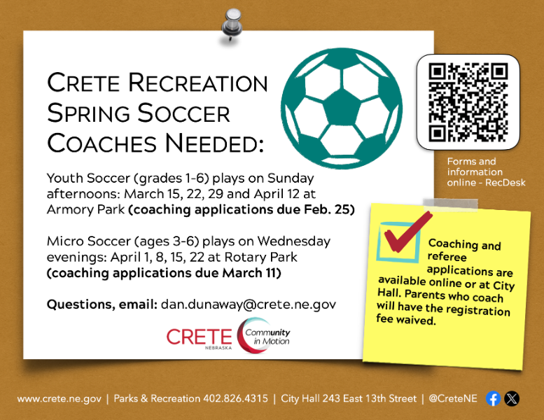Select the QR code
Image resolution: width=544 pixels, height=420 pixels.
pyautogui.click(x=468, y=102)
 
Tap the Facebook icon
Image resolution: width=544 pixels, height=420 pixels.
pyautogui.click(x=493, y=398)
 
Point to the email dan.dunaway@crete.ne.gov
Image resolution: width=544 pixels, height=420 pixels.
pyautogui.click(x=249, y=304)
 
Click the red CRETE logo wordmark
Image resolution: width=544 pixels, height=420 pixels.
pyautogui.click(x=199, y=337)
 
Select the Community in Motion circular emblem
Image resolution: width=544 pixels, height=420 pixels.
pyautogui.click(x=262, y=337)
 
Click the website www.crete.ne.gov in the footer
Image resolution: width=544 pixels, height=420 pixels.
pyautogui.click(x=59, y=399)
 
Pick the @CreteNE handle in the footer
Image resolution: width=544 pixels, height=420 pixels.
pyautogui.click(x=453, y=399)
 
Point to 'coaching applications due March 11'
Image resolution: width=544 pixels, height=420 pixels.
pyautogui.click(x=164, y=273)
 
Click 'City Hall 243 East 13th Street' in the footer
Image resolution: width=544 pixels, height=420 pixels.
pyautogui.click(x=348, y=399)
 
